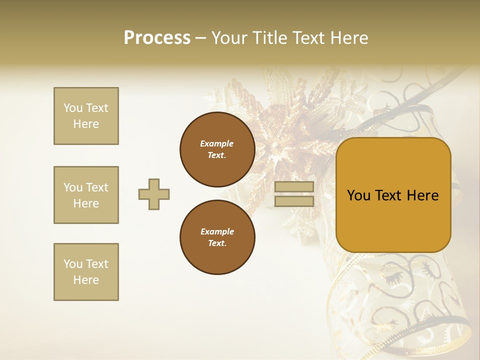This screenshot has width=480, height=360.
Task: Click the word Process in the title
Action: click(157, 38)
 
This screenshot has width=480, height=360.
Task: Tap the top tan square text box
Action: click(86, 116)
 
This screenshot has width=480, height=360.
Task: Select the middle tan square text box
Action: click(86, 195)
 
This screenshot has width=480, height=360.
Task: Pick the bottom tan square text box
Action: click(86, 272)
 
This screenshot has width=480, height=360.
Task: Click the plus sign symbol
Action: click(154, 194)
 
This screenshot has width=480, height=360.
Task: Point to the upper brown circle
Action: click(217, 149)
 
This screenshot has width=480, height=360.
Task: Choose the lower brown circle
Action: click(217, 237)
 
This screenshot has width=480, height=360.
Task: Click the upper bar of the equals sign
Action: click(294, 187)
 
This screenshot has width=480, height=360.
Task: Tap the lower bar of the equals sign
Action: click(294, 201)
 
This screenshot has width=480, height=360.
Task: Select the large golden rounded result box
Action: click(393, 194)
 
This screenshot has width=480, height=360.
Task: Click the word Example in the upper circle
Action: click(217, 143)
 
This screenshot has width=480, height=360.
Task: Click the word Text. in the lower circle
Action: click(217, 243)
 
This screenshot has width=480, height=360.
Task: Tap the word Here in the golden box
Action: click(422, 195)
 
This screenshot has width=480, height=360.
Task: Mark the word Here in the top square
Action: click(86, 124)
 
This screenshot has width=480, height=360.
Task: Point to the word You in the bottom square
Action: click(73, 264)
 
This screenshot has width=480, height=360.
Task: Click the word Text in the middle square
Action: click(97, 187)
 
